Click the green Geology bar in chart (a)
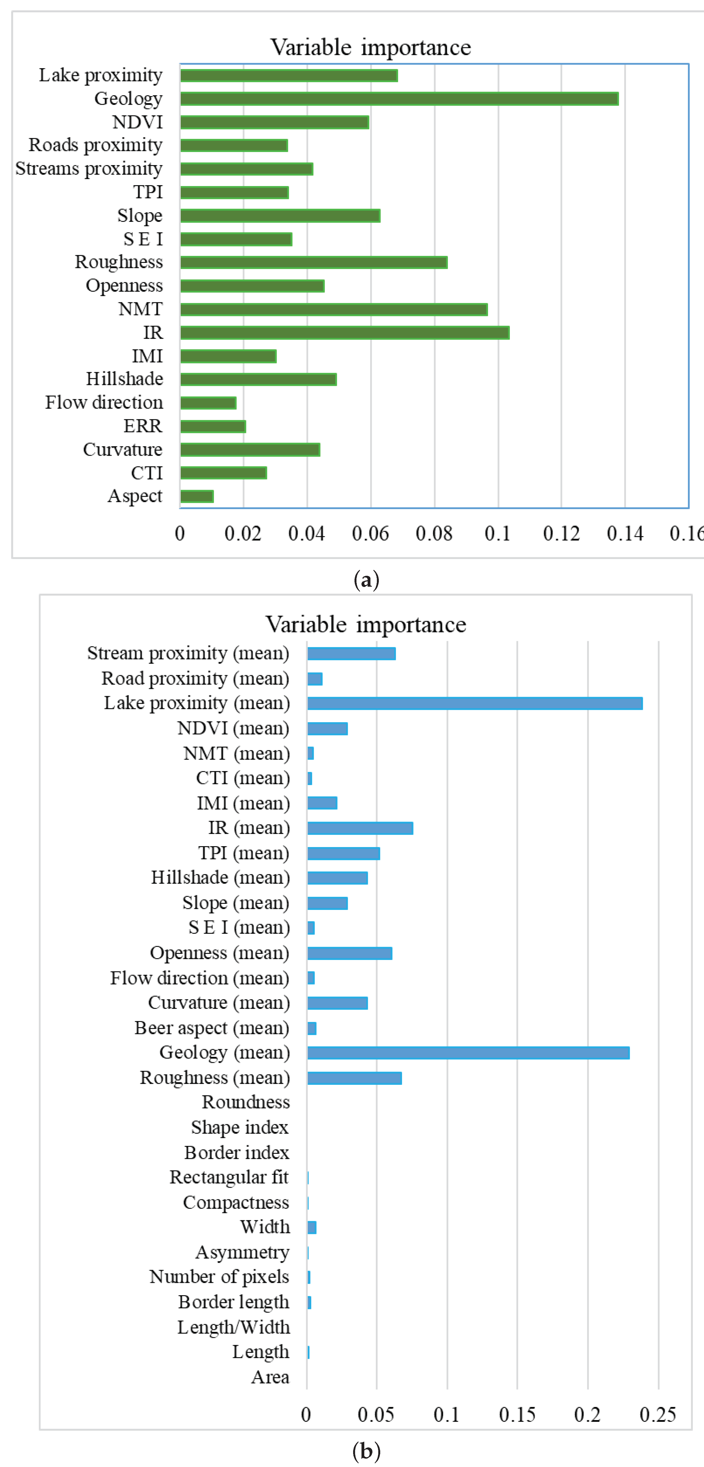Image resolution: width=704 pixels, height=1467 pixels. [x=399, y=99]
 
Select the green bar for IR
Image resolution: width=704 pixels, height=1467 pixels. [x=344, y=332]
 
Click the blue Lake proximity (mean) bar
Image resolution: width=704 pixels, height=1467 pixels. [x=474, y=703]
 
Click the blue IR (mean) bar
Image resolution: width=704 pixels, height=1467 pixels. [x=360, y=828]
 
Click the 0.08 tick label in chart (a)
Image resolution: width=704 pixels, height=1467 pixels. [x=434, y=534]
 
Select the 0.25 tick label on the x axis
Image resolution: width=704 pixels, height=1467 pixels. [x=658, y=1414]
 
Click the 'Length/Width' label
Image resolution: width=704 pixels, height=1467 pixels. [x=234, y=1327]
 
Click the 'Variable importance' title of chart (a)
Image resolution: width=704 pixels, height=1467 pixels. [x=370, y=47]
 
